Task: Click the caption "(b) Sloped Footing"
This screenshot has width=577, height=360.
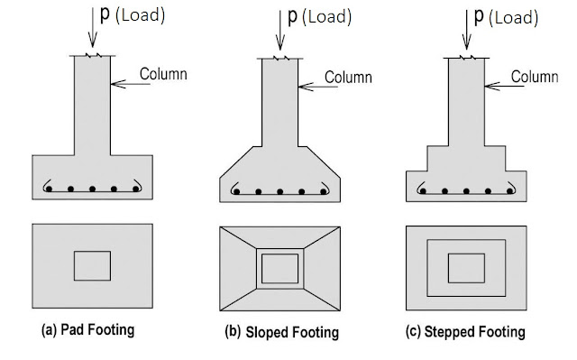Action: [281, 332]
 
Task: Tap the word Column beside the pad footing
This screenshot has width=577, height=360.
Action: [161, 73]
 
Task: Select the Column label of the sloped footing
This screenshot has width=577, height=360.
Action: [348, 78]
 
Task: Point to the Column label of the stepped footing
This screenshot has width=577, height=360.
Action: [535, 78]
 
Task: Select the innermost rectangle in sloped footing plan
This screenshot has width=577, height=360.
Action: [279, 269]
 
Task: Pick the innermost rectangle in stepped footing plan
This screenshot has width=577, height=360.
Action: [466, 268]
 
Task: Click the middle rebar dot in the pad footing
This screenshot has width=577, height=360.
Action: [93, 190]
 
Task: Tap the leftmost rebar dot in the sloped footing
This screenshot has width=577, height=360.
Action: [238, 192]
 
